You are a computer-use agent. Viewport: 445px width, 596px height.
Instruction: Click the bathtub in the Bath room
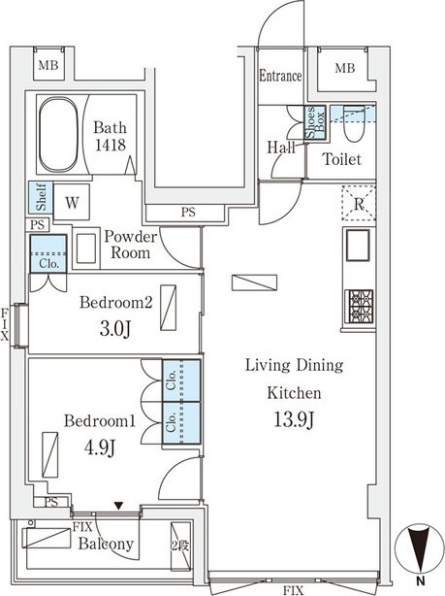tap(58, 135)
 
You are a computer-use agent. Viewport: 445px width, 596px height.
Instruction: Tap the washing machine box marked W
tap(72, 202)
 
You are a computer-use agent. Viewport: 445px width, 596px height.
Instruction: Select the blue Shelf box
tap(41, 197)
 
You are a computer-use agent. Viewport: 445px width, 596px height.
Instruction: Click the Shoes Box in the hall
tap(315, 122)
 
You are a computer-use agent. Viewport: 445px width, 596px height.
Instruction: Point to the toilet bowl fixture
tap(354, 124)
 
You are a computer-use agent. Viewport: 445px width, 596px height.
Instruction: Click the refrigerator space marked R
tap(359, 203)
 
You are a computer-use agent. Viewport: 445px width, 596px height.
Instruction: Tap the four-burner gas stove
tap(359, 307)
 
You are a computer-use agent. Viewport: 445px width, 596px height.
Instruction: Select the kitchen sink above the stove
tap(358, 246)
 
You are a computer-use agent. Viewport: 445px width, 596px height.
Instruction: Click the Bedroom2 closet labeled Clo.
tap(48, 253)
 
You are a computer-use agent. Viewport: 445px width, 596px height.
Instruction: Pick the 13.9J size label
tap(295, 419)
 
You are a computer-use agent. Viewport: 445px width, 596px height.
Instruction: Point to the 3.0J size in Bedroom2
tap(115, 329)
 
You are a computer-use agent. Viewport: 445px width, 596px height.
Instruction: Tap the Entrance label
tap(280, 76)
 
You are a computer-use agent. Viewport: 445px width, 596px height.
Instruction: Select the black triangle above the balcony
tap(119, 506)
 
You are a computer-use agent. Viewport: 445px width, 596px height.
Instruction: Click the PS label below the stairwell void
tap(188, 213)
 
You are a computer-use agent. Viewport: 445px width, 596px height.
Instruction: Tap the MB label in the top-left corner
tap(48, 65)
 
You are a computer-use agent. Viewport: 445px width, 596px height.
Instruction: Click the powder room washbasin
tap(86, 248)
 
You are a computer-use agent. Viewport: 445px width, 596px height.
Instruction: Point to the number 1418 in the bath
tap(111, 145)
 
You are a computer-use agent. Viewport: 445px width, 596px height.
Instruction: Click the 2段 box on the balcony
tap(180, 546)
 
